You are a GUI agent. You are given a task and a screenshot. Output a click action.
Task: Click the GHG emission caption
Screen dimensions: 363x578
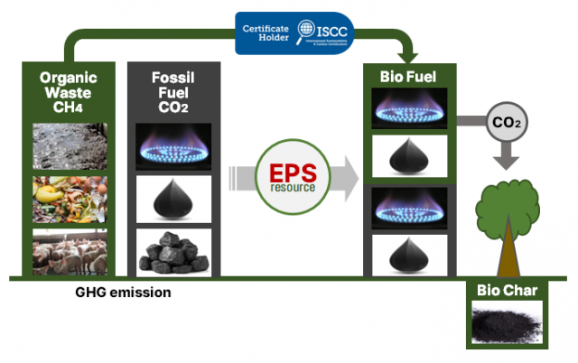(x=124, y=293)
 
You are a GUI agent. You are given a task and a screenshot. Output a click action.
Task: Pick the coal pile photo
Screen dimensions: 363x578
(x=172, y=251)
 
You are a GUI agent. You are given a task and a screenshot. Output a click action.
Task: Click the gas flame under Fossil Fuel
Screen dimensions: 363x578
(x=172, y=146)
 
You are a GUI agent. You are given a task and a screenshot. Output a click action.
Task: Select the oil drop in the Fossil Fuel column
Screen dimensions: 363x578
(x=172, y=199)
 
